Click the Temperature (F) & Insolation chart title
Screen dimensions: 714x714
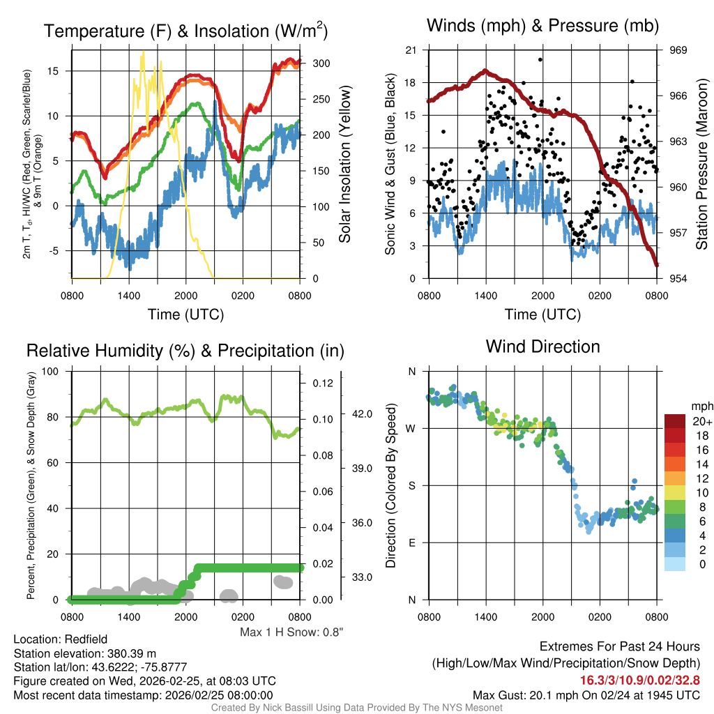click(x=185, y=31)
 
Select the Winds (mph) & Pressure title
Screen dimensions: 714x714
click(x=542, y=26)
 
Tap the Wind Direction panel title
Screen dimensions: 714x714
click(x=542, y=346)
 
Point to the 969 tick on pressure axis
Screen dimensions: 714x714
click(x=678, y=50)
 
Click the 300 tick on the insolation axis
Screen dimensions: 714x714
click(x=321, y=63)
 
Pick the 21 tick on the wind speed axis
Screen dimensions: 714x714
click(x=411, y=50)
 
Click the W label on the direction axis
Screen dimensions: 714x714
click(x=411, y=428)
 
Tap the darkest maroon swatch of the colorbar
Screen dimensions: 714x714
click(x=676, y=421)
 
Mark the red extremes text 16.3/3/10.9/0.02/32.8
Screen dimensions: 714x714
click(x=639, y=680)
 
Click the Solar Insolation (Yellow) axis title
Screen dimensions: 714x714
click(x=344, y=164)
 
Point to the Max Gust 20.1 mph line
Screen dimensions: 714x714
click(x=586, y=694)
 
